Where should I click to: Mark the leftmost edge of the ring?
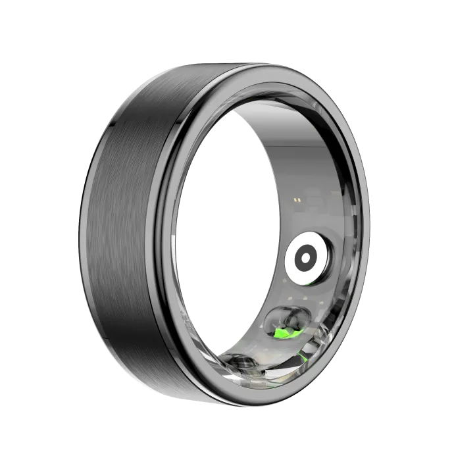[x=84, y=217]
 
